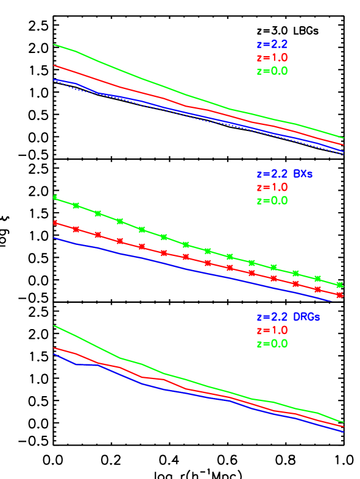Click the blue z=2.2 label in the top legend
tap(272, 44)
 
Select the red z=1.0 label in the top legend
tap(272, 58)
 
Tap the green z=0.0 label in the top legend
tap(272, 71)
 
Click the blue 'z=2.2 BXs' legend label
tap(284, 174)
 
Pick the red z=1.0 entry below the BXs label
tap(272, 187)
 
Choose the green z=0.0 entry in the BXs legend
tap(272, 200)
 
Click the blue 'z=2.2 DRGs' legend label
tap(288, 318)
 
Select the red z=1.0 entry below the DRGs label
tap(272, 331)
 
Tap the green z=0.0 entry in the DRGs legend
tap(272, 344)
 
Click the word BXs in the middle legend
tap(303, 174)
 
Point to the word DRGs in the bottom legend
tap(306, 318)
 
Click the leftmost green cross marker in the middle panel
tap(55, 197)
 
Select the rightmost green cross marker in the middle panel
tap(340, 285)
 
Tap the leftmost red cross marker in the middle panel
tap(55, 222)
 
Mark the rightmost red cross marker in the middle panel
tap(340, 295)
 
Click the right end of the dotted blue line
tap(344, 154)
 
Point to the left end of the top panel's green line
tap(54, 44)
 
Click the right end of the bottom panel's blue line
tap(344, 431)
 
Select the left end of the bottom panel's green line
tap(54, 325)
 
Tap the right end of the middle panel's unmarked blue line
tap(331, 300)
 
